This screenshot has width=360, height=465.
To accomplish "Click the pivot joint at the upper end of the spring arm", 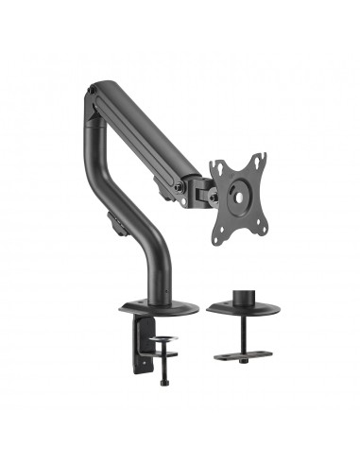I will (91, 95).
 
